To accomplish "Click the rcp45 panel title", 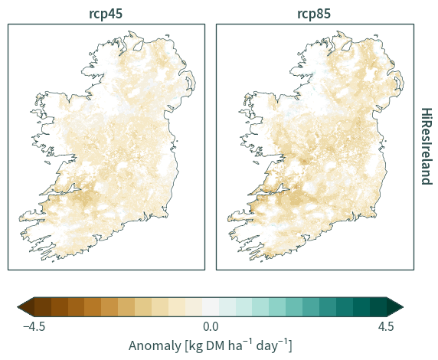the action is (106, 14).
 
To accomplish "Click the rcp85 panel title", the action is (314, 14).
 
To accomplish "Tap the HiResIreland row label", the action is (427, 146).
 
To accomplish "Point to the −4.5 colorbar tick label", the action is (34, 326).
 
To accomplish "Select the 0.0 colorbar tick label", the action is (211, 326).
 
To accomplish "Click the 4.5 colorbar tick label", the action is (387, 326).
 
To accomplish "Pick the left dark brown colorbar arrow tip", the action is (18, 307).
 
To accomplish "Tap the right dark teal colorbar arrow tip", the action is (403, 307).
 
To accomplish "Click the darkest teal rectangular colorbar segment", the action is (378, 307).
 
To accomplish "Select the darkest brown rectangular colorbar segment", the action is (43, 307).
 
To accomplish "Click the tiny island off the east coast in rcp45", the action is (177, 141).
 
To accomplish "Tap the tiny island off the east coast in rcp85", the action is (385, 141).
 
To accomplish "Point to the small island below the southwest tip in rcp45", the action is (53, 262).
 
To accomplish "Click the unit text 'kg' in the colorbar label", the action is (195, 346).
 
